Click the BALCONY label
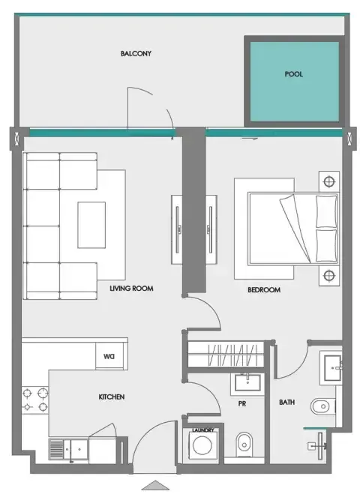pos(136,53)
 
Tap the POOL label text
pos(293,74)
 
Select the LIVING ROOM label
pos(131,289)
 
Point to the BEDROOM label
pos(264,290)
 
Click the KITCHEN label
pos(112,397)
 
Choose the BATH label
pos(287,403)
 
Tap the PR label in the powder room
pos(242,404)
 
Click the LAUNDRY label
pos(203,430)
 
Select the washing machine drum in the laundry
pos(202,445)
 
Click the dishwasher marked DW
pos(109,356)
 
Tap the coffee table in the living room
pos(91,225)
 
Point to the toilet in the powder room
pos(244,445)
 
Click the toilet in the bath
pos(322,406)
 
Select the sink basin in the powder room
pos(247,382)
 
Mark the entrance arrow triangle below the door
pos(155,485)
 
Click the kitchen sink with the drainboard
pos(68,450)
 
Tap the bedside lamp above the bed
pos(329,182)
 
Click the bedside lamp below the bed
pos(329,276)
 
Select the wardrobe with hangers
pos(226,355)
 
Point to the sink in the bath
pos(332,368)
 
